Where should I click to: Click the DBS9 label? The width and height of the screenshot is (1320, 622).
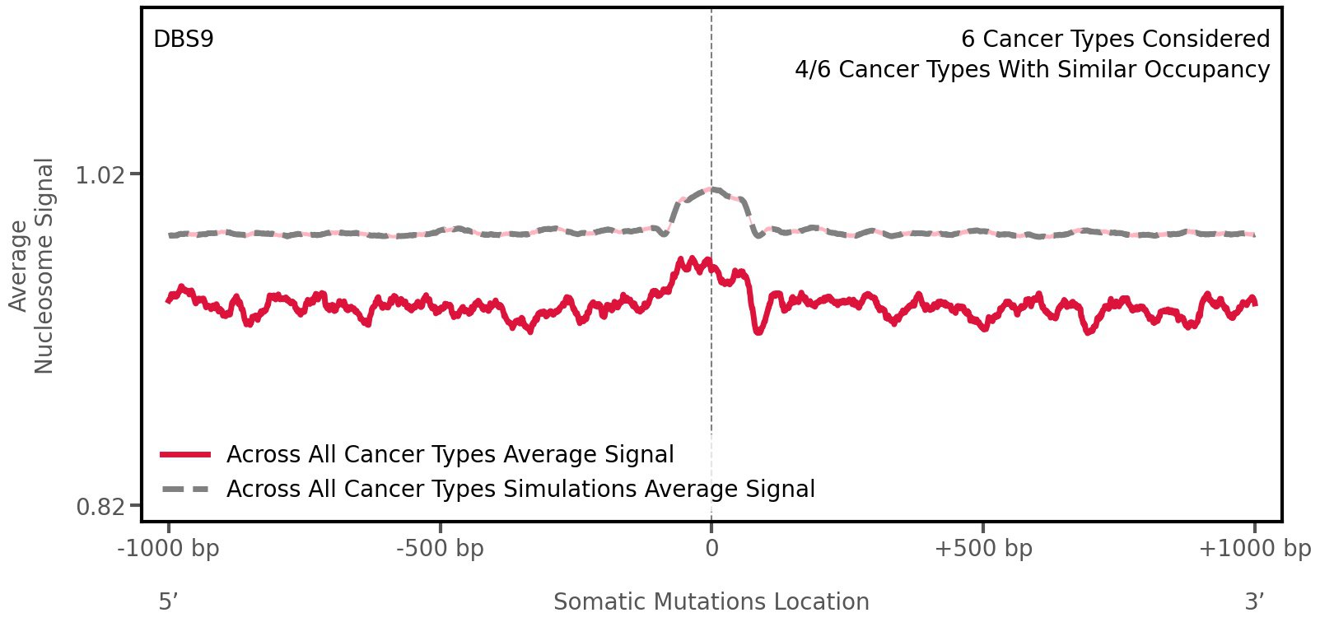(x=184, y=39)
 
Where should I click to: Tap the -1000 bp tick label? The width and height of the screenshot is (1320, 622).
(x=169, y=549)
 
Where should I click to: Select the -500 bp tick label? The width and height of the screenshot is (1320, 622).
(x=440, y=549)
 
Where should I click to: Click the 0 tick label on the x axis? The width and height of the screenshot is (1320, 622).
(x=711, y=549)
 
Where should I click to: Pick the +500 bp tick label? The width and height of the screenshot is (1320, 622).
(x=983, y=549)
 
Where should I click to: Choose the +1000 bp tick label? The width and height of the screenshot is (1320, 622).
(x=1254, y=549)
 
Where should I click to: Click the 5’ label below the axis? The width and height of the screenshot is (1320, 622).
(x=169, y=601)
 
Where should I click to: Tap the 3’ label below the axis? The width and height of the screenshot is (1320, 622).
(x=1254, y=601)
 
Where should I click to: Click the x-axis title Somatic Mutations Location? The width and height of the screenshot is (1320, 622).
(x=711, y=601)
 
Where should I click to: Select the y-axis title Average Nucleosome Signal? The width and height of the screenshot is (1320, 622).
(x=32, y=265)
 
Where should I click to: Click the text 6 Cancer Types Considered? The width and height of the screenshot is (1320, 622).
(x=1115, y=39)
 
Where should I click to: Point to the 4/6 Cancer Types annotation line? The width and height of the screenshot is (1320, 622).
(x=1032, y=70)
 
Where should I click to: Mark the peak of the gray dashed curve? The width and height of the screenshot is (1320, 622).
(x=712, y=190)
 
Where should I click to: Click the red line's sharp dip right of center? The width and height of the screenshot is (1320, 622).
(x=758, y=331)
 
